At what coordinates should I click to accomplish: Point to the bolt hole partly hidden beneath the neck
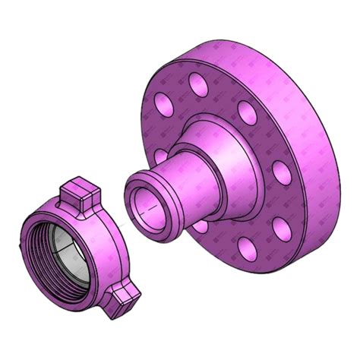tap(200, 226)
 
